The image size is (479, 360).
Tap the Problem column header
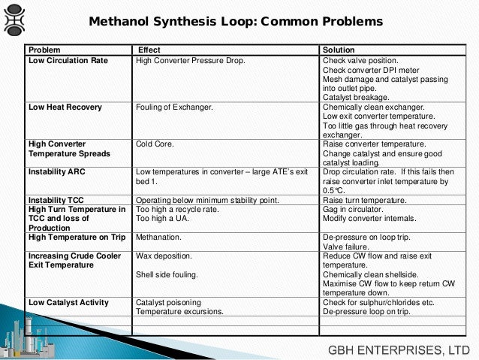pyautogui.click(x=44, y=50)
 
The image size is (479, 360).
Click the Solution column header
pyautogui.click(x=339, y=50)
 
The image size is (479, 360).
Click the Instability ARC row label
pyautogui.click(x=58, y=172)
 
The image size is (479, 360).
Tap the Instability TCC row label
pyautogui.click(x=58, y=200)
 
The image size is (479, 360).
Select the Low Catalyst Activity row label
pyautogui.click(x=68, y=303)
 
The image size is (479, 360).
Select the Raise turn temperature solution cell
pyautogui.click(x=364, y=200)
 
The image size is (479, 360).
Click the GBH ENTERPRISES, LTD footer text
pyautogui.click(x=399, y=348)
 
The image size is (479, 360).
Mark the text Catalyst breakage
pyautogui.click(x=357, y=97)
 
